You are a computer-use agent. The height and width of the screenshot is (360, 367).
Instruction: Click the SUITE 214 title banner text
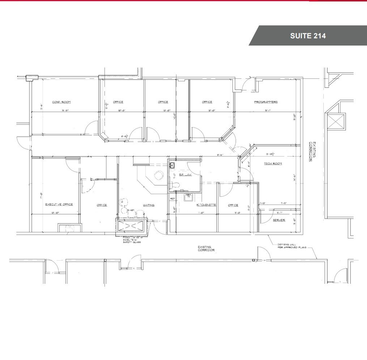308,36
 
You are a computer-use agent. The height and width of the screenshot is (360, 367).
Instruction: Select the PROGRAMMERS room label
266,102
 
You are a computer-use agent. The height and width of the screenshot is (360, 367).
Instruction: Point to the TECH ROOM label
273,164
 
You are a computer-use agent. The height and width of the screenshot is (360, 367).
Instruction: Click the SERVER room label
279,220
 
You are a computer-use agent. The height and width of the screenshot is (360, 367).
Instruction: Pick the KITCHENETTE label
206,205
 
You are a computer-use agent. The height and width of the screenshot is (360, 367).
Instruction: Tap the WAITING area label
149,205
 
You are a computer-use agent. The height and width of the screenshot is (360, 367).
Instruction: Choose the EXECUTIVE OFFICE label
59,205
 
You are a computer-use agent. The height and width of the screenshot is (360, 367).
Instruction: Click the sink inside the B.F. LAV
172,166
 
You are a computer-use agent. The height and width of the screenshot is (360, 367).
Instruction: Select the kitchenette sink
188,197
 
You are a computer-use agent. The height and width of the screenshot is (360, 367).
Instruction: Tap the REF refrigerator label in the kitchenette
172,198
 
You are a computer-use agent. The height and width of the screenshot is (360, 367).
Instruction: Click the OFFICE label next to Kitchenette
233,205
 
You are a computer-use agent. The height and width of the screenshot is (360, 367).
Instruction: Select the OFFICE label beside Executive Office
102,205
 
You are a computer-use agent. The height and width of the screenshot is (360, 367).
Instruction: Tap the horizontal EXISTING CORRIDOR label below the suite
207,248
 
